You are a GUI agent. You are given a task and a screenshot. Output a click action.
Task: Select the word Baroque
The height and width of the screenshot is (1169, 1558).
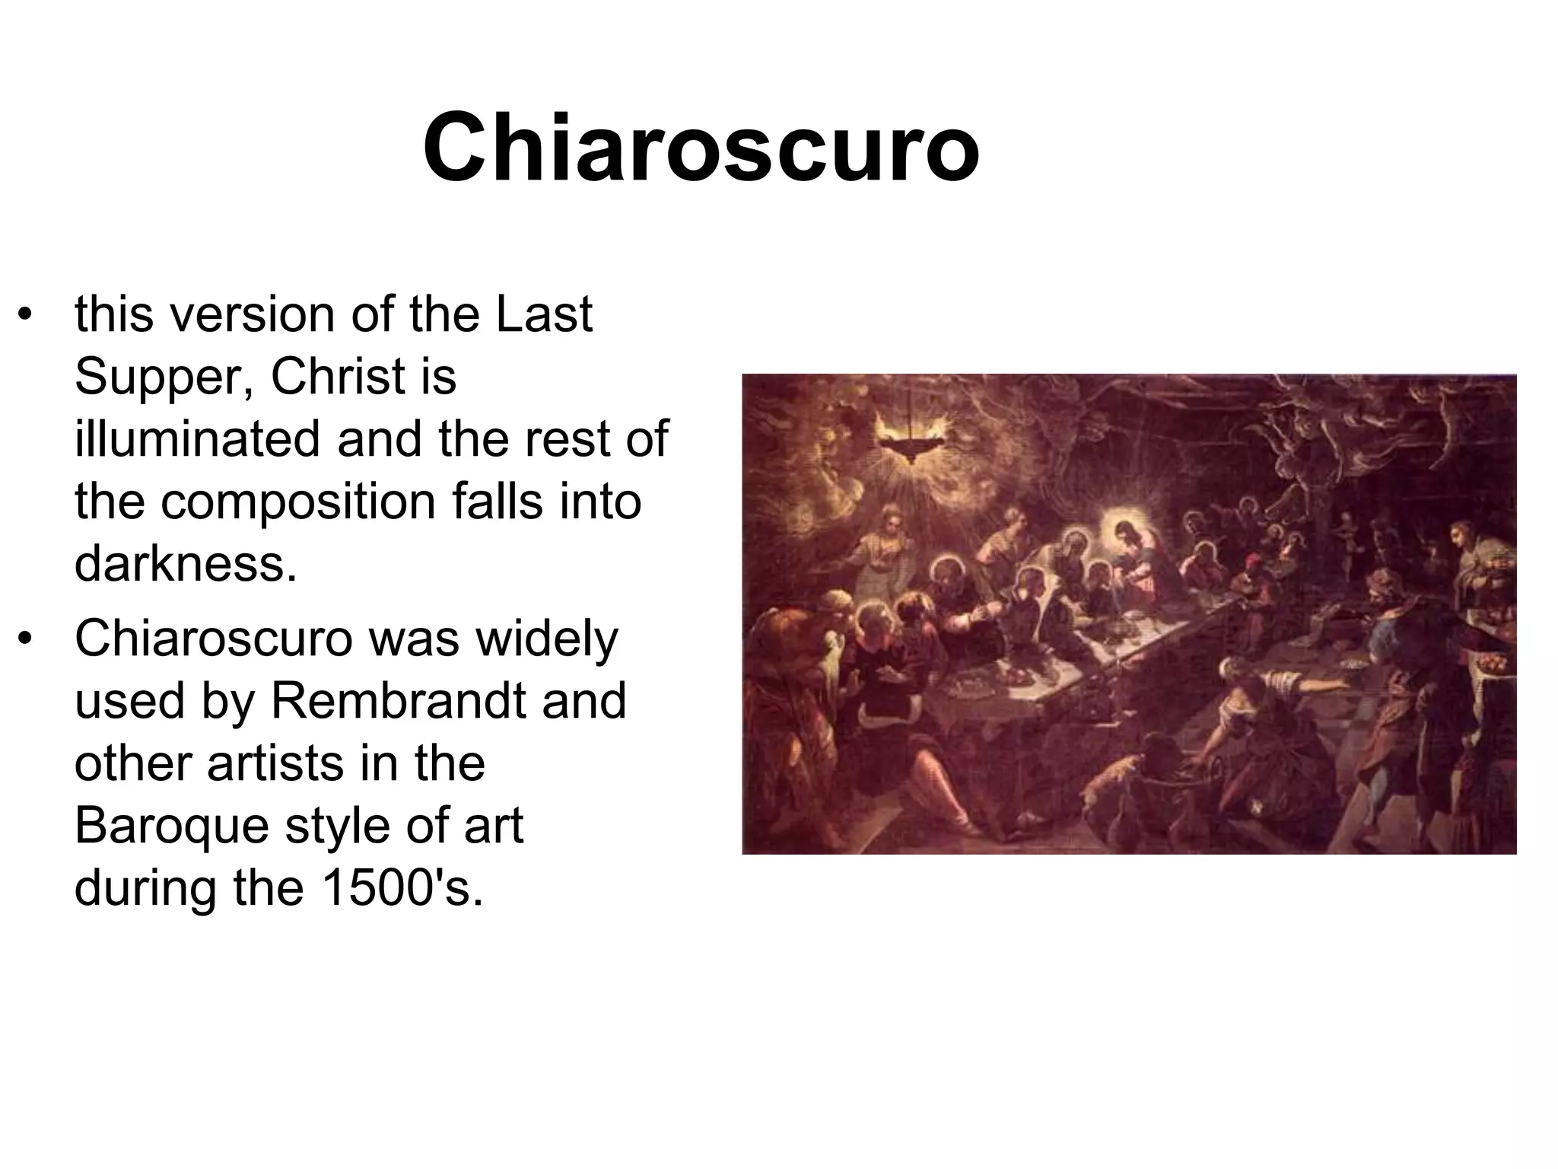pyautogui.click(x=171, y=825)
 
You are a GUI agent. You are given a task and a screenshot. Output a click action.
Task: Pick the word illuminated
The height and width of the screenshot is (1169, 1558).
pyautogui.click(x=197, y=438)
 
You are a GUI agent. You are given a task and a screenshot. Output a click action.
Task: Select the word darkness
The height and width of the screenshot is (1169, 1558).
pyautogui.click(x=185, y=563)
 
